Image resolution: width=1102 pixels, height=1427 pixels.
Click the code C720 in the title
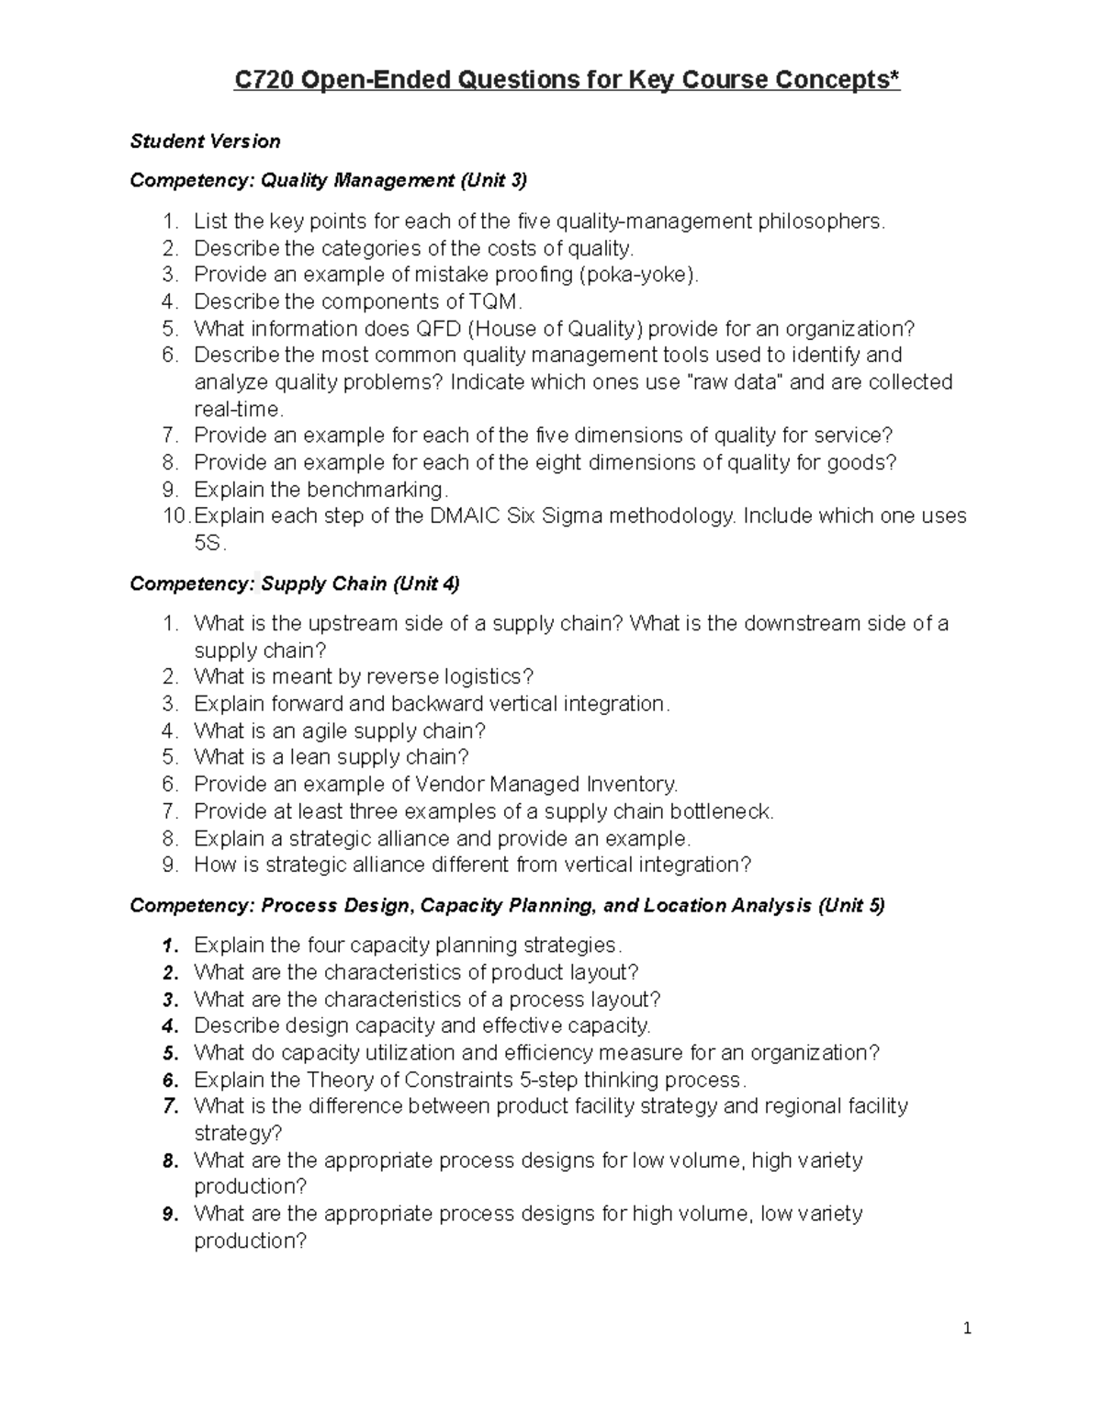coord(264,81)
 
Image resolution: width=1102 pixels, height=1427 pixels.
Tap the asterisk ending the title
coord(894,79)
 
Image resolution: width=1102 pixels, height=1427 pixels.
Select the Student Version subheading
coord(205,141)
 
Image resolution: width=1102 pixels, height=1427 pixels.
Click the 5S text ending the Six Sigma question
coord(208,543)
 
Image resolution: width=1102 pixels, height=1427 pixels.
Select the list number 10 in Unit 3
coord(175,515)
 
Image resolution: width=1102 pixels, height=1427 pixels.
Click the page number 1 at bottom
coord(967,1328)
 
